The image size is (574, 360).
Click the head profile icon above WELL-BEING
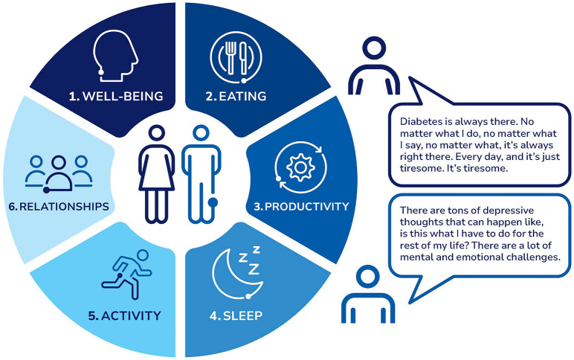tap(115, 56)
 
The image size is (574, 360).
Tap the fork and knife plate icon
tap(236, 57)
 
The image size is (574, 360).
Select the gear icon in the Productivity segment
tap(300, 167)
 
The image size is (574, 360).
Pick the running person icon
tap(127, 274)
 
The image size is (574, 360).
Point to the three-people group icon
tap(59, 174)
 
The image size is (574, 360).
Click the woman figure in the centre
tap(157, 174)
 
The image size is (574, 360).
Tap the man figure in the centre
tap(201, 174)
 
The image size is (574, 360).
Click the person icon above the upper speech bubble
tap(374, 66)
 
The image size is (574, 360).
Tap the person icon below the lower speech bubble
tap(368, 294)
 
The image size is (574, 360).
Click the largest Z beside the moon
tap(254, 269)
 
